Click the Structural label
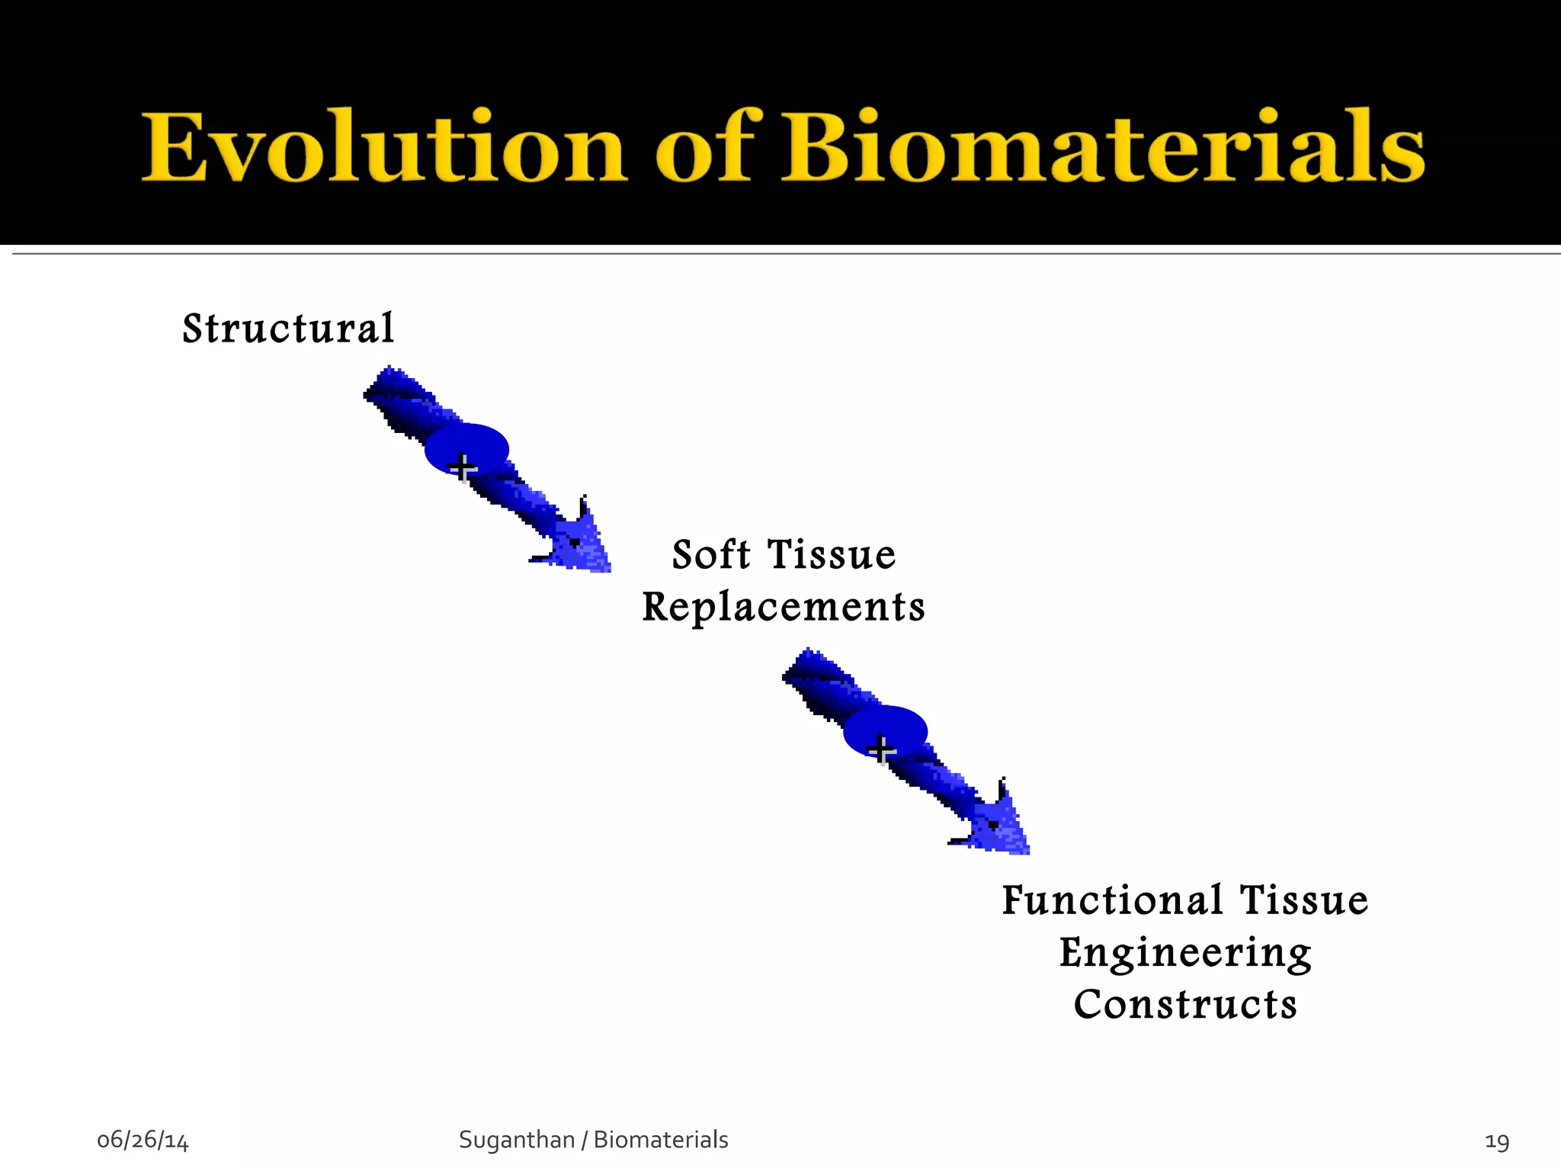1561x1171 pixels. (x=288, y=329)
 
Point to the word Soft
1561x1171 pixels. (x=710, y=554)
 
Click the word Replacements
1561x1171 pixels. (x=784, y=608)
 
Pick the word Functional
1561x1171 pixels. (x=1112, y=900)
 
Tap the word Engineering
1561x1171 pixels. (x=1185, y=954)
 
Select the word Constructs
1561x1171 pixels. (x=1185, y=1005)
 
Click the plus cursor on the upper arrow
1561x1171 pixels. (x=462, y=466)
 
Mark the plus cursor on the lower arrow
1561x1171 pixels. (x=881, y=749)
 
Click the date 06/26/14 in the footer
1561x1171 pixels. (x=143, y=1141)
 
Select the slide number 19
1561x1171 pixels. (x=1497, y=1141)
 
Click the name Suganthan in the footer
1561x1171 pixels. (x=516, y=1140)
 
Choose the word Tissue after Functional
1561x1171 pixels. (x=1304, y=900)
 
